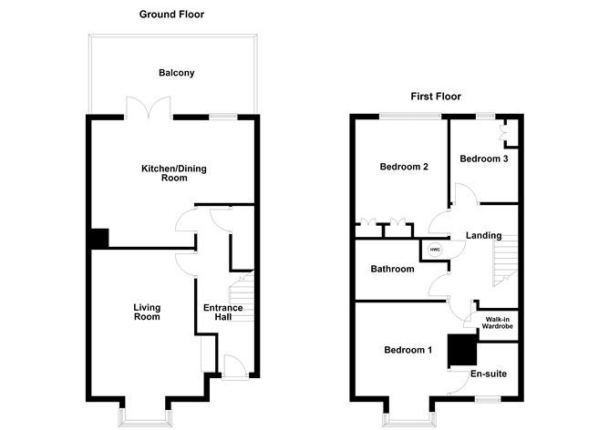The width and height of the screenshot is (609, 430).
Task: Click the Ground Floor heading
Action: pyautogui.click(x=171, y=15)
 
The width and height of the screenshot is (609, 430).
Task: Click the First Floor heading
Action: pyautogui.click(x=435, y=96)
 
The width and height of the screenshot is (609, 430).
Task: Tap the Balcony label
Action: pyautogui.click(x=176, y=73)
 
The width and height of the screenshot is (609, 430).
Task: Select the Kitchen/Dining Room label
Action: pyautogui.click(x=170, y=173)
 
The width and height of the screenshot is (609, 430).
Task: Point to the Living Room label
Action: pyautogui.click(x=146, y=312)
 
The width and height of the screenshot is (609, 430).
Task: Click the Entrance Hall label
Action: pyautogui.click(x=223, y=312)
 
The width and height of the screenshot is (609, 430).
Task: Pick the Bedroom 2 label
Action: pyautogui.click(x=404, y=167)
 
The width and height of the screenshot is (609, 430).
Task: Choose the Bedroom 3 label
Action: pyautogui.click(x=483, y=159)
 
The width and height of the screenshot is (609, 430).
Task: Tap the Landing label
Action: pyautogui.click(x=483, y=236)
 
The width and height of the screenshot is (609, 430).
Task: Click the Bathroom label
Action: pyautogui.click(x=392, y=269)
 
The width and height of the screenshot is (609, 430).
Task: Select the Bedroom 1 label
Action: pyautogui.click(x=408, y=350)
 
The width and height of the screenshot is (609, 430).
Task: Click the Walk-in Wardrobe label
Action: pyautogui.click(x=497, y=322)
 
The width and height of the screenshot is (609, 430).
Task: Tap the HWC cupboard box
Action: pyautogui.click(x=434, y=249)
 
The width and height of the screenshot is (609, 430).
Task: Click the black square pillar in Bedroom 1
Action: pyautogui.click(x=461, y=350)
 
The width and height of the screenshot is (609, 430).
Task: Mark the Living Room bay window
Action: pyautogui.click(x=144, y=415)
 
